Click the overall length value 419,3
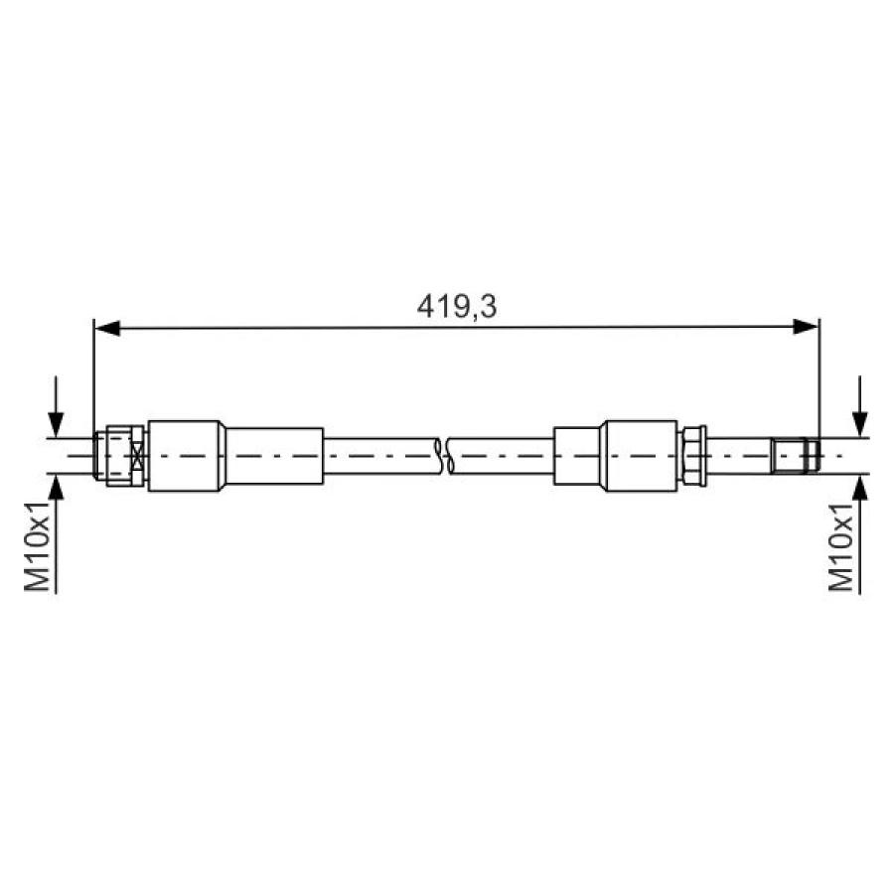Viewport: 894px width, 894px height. pos(456,307)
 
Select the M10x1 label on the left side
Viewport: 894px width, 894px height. pos(39,545)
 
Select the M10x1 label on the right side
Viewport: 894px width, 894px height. pos(843,545)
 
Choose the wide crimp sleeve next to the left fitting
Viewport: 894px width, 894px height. pos(186,455)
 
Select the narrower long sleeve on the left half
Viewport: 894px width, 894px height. pos(274,455)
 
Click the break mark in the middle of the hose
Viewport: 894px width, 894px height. pos(445,455)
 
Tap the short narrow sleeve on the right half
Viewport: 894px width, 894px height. pos(576,455)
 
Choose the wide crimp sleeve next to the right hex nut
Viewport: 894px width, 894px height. pos(640,455)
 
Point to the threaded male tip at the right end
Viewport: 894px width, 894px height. pos(796,455)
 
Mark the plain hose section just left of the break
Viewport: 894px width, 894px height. pos(382,455)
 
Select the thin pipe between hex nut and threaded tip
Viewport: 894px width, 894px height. pos(739,455)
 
